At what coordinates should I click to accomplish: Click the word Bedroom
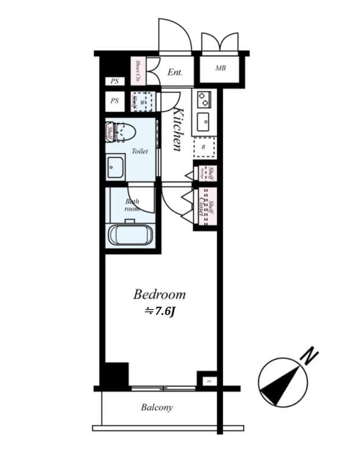[159, 294]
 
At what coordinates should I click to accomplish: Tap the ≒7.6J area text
[159, 311]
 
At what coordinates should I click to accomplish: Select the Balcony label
[157, 407]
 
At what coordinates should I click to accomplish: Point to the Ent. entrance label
[175, 72]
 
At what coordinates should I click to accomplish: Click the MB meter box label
[221, 68]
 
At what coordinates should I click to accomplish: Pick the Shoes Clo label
[139, 70]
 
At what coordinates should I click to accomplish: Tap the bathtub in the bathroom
[131, 234]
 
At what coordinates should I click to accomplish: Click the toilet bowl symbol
[123, 131]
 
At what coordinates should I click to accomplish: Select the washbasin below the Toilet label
[114, 166]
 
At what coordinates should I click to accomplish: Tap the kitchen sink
[203, 122]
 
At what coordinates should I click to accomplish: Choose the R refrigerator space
[203, 147]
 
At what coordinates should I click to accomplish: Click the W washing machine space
[142, 101]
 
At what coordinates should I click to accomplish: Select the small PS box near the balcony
[208, 381]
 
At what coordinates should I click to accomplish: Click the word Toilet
[139, 151]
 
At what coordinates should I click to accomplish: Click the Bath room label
[133, 205]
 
